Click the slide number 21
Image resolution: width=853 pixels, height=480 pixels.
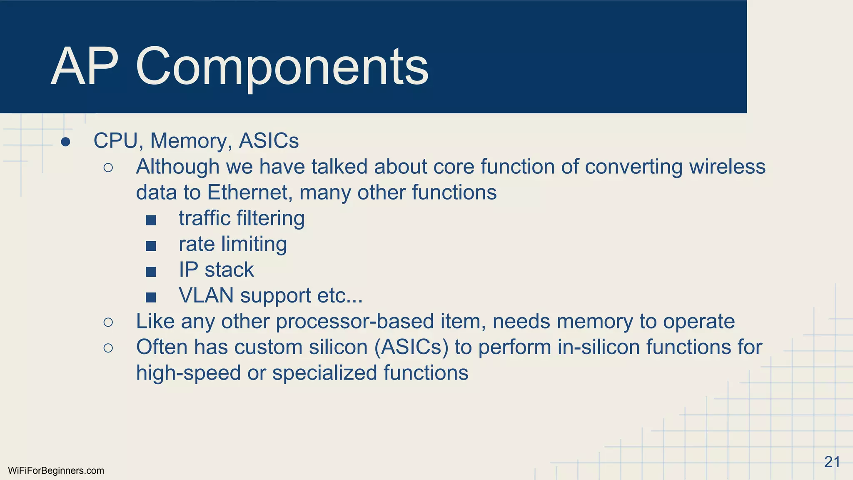832,462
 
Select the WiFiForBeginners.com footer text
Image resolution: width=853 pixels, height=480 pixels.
56,471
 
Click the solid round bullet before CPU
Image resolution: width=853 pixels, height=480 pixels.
65,142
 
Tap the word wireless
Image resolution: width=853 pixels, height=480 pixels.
727,167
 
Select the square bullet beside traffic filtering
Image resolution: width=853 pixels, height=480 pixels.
151,220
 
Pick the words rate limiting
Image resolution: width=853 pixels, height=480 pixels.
232,244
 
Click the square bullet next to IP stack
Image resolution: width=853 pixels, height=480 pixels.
151,272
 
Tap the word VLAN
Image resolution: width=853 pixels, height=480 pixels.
206,295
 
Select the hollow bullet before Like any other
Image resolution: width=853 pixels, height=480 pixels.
108,322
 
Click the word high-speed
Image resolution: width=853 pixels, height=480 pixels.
188,373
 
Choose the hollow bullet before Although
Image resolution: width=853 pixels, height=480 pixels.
108,167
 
